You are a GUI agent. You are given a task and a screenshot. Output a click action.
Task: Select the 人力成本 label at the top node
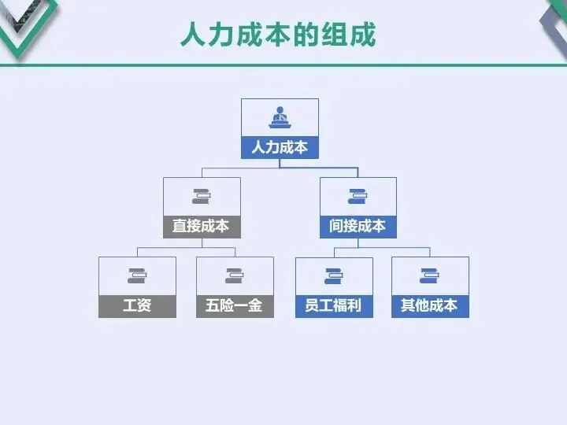point(280,147)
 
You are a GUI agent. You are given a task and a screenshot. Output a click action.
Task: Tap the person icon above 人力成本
point(280,118)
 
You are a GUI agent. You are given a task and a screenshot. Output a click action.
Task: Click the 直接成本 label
point(202,227)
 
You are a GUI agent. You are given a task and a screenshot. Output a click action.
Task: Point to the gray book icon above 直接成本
point(202,196)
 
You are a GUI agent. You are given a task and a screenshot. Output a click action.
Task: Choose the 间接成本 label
point(358,227)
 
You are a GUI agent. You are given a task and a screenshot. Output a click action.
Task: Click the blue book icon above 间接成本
point(358,196)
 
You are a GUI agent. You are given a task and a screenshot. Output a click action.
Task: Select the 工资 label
point(137,305)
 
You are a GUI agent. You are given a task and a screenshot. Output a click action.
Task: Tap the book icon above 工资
point(137,275)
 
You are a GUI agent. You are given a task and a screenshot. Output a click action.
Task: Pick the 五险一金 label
point(235,305)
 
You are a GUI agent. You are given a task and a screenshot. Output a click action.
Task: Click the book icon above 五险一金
point(235,275)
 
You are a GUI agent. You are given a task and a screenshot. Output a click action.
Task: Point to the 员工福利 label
point(334,305)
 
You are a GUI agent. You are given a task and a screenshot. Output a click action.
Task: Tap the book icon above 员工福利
point(334,275)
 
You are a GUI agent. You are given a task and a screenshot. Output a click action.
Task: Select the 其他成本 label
point(430,305)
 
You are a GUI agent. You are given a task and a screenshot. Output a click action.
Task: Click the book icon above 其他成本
point(430,275)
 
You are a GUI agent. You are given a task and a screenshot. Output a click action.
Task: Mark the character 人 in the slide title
point(193,35)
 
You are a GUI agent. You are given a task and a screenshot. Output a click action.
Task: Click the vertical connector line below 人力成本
point(280,163)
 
